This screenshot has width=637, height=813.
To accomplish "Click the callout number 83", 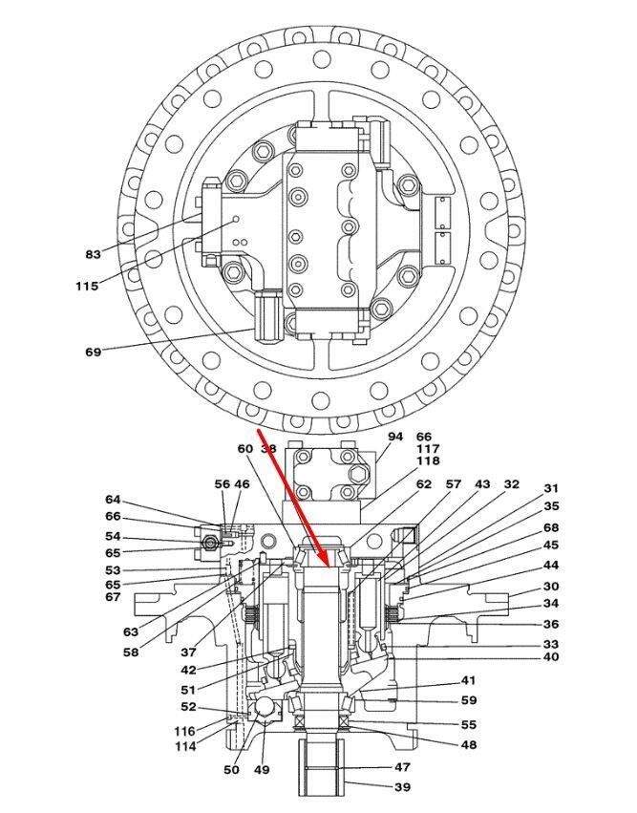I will coord(93,254).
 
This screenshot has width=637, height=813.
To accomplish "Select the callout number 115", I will coord(87,286).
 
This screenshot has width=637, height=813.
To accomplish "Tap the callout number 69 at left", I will coord(93,353).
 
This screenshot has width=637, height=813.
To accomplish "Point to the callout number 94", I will coord(395,437).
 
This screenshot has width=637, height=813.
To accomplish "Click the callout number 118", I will coord(427,461).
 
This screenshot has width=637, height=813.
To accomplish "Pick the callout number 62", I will coord(423,485).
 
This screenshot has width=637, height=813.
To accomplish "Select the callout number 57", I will coord(453,485).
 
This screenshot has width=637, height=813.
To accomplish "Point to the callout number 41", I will coord(468,681).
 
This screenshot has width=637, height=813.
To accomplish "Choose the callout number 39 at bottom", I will coord(402,788).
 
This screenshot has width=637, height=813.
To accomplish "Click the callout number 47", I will coord(402,767).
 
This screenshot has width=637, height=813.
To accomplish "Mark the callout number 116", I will coord(185,731).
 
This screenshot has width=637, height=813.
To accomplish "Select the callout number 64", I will coord(114,500).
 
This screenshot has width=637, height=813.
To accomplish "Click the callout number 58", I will coord(131,653).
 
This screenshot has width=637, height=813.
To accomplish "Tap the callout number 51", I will coord(188,690).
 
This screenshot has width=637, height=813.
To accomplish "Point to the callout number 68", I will coord(551,527).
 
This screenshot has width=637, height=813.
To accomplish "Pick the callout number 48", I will coord(468,745).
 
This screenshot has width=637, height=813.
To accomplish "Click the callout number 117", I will coord(427,449).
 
